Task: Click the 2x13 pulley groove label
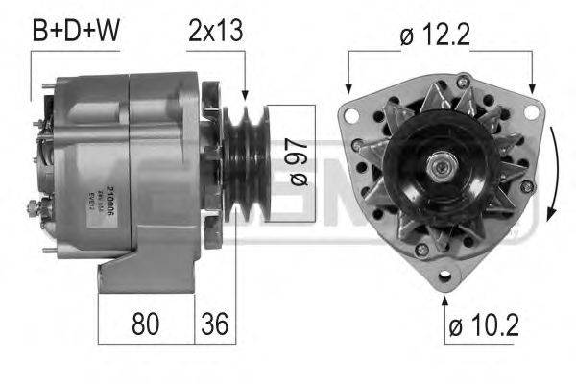coord(216,31)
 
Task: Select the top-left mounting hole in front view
coord(352,117)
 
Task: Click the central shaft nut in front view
coord(444,169)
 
